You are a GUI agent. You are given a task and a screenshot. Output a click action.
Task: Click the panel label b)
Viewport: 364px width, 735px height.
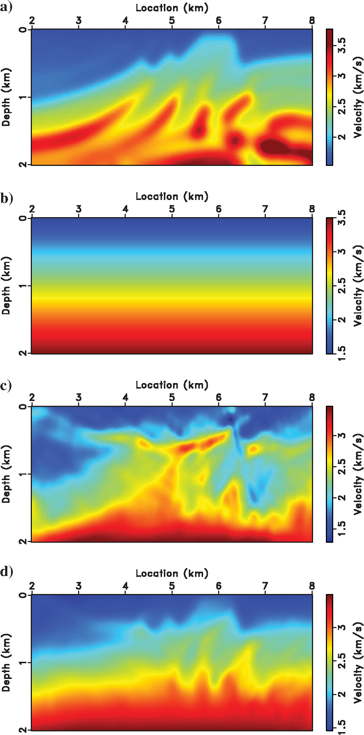[x=6, y=198]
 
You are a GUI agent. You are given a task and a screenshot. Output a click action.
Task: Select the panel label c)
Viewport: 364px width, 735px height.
[x=6, y=386]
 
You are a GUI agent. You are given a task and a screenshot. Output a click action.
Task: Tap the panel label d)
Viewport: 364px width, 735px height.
[x=6, y=572]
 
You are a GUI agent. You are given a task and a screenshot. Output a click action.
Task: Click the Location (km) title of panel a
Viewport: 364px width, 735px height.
[x=172, y=8]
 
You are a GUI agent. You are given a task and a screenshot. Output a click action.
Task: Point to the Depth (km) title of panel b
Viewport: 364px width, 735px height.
[x=6, y=285]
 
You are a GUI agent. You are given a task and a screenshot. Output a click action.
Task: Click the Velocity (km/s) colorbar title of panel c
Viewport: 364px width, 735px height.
[x=358, y=474]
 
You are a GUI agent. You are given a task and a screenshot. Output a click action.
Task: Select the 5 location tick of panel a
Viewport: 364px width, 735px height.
[x=172, y=21]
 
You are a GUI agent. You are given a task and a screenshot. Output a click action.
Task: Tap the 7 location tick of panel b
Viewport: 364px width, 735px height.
[x=265, y=209]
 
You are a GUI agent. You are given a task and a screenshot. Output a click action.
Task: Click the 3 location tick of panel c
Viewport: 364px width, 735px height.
[x=79, y=397]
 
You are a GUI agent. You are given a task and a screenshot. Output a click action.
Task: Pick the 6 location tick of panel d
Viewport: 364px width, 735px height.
[x=218, y=586]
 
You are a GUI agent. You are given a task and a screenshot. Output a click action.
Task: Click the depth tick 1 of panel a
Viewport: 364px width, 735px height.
[x=23, y=97]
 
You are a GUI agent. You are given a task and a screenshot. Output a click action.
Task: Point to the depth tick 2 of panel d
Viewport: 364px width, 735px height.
[x=23, y=730]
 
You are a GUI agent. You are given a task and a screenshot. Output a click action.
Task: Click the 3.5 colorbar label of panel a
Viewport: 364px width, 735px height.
[x=342, y=45]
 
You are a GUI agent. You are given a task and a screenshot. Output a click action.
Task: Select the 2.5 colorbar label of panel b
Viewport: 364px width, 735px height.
[x=342, y=286]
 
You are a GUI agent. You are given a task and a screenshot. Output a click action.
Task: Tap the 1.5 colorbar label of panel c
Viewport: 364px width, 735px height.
[x=342, y=529]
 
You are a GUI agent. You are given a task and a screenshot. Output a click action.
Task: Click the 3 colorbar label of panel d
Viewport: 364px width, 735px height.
[x=342, y=627]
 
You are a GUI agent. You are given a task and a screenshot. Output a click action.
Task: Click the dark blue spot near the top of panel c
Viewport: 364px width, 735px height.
[x=230, y=419]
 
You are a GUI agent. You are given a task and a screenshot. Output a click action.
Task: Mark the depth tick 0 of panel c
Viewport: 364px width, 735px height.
[x=23, y=407]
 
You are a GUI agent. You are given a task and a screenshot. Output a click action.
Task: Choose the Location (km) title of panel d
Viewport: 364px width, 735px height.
[x=172, y=573]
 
